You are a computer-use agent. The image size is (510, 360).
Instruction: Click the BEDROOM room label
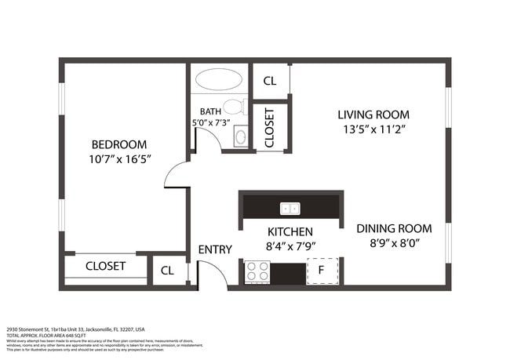tap(119, 144)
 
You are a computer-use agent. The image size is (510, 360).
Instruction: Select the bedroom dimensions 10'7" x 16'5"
tap(119, 158)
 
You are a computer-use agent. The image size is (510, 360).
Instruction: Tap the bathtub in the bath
tap(219, 80)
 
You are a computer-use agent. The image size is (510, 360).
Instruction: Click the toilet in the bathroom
tap(233, 107)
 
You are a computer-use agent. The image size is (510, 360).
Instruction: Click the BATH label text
tap(210, 112)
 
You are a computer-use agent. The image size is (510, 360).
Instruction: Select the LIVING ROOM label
tap(373, 114)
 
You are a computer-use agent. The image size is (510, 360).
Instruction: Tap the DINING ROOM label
tap(394, 228)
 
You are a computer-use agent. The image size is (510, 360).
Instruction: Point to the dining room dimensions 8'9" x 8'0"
tap(394, 243)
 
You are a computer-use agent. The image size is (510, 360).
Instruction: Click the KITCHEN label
tap(290, 232)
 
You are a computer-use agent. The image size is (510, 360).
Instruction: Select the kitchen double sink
tap(290, 208)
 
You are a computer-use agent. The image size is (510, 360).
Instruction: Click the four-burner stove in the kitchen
tap(258, 271)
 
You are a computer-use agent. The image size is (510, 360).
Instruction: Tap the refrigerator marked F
tap(320, 271)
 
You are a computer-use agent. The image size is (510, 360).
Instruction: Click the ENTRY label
tap(214, 249)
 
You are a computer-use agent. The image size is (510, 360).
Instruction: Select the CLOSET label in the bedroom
tap(105, 266)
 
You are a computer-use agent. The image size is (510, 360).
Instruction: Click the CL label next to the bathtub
tap(270, 81)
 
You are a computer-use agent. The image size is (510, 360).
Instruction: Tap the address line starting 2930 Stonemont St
tap(75, 329)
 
